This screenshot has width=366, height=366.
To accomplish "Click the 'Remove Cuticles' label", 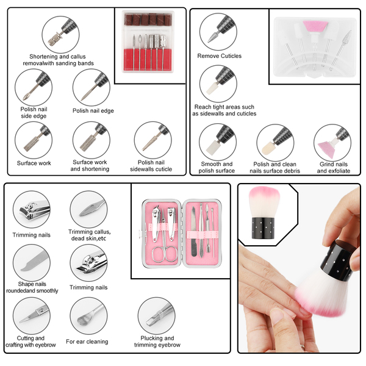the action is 219,56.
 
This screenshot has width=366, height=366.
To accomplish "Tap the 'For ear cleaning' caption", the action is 87,342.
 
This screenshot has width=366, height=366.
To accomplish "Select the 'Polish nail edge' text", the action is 93,111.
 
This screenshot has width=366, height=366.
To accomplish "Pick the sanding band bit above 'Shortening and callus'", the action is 56,39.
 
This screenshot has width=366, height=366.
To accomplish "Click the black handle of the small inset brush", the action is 263,228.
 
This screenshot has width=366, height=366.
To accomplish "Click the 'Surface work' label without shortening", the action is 34,163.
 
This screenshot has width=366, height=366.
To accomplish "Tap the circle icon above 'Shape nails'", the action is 32,263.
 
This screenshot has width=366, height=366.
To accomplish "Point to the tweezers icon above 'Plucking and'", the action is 156,316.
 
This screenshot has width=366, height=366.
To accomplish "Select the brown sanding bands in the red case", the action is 148,19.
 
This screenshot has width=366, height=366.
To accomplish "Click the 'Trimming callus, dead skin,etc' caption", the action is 89,235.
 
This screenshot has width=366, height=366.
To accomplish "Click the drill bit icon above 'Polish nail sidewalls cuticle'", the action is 153,140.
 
